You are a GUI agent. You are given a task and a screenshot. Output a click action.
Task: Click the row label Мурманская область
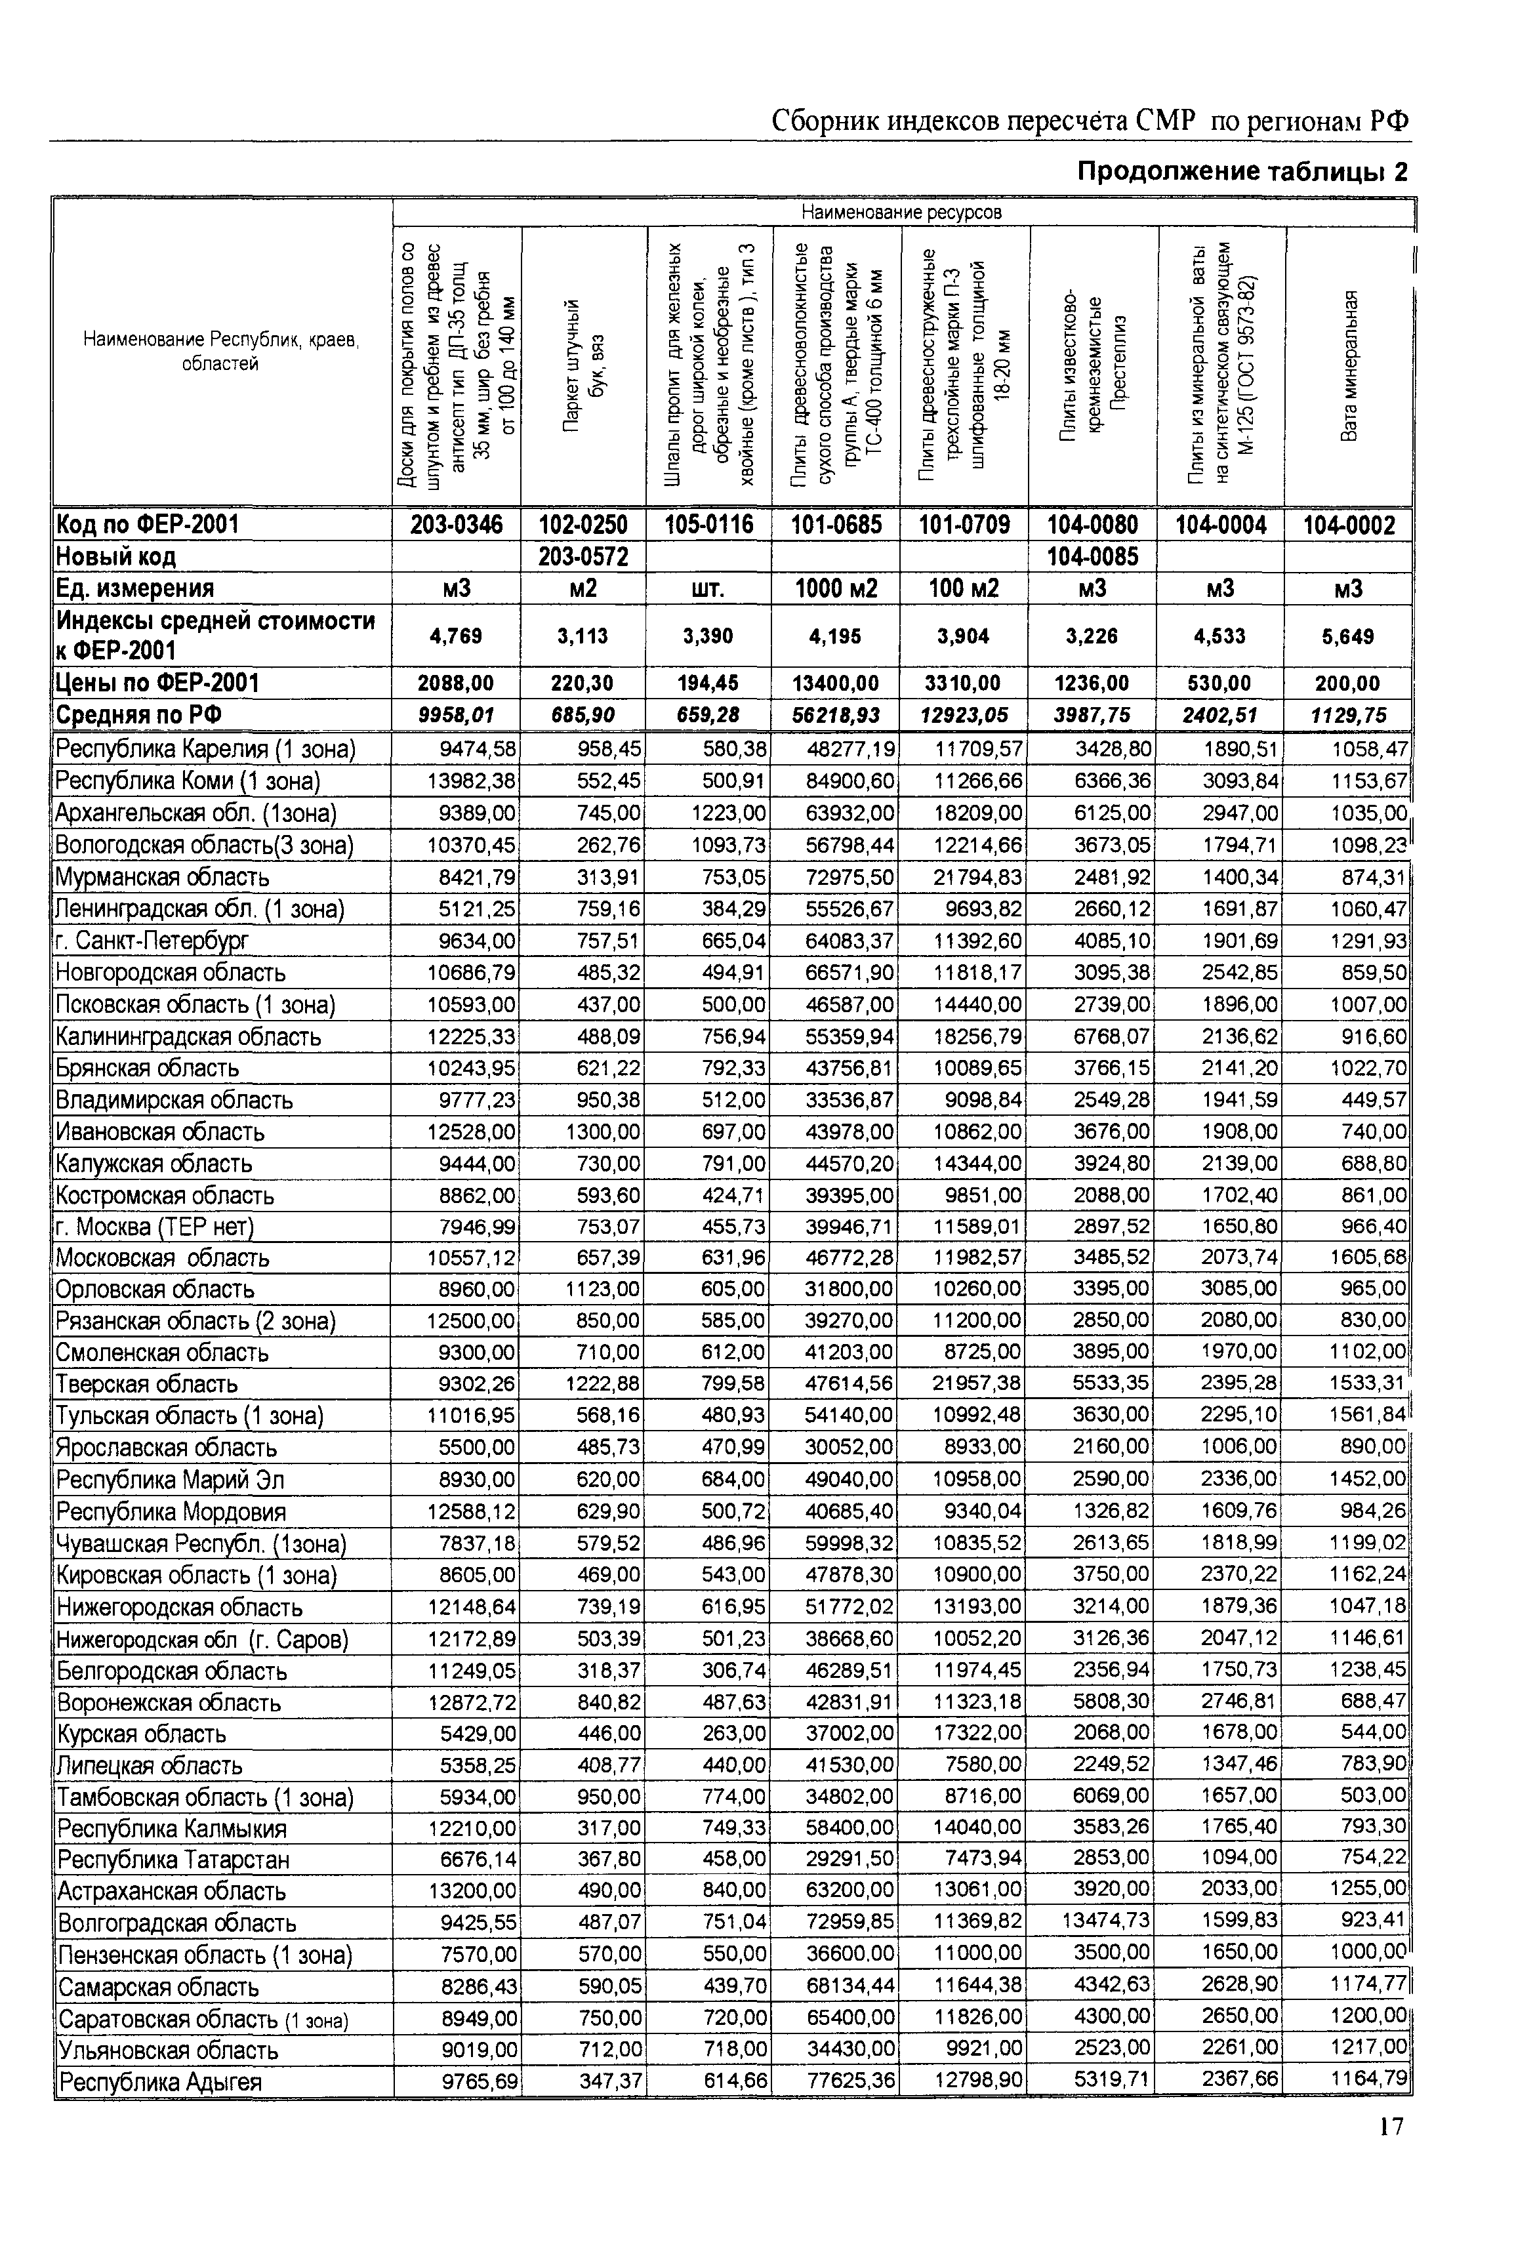point(162,878)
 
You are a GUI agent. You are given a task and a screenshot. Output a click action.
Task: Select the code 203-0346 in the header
point(457,525)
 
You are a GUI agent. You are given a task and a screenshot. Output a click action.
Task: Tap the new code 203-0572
point(583,557)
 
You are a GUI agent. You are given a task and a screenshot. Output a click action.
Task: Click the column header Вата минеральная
point(1349,366)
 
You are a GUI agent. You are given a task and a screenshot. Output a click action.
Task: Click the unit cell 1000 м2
point(836,589)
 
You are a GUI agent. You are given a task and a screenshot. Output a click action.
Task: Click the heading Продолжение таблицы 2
point(1242,172)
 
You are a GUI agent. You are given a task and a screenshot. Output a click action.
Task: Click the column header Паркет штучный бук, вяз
point(583,366)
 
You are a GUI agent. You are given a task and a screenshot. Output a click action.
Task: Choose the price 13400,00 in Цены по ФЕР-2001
point(835,683)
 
